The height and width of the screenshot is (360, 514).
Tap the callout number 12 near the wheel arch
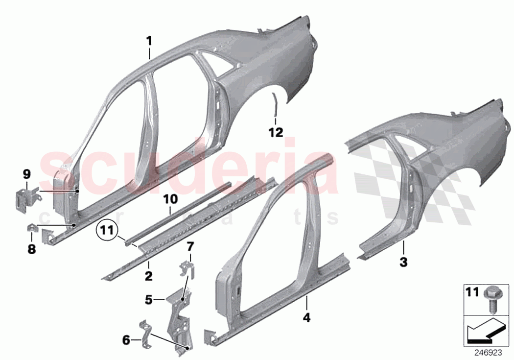[276, 132]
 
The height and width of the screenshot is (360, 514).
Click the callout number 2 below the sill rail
[148, 264]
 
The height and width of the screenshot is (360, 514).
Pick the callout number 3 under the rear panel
[403, 263]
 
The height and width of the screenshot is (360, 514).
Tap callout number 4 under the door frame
[306, 317]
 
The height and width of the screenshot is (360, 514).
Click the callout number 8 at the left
[31, 249]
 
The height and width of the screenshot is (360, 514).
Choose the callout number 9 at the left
[26, 173]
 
